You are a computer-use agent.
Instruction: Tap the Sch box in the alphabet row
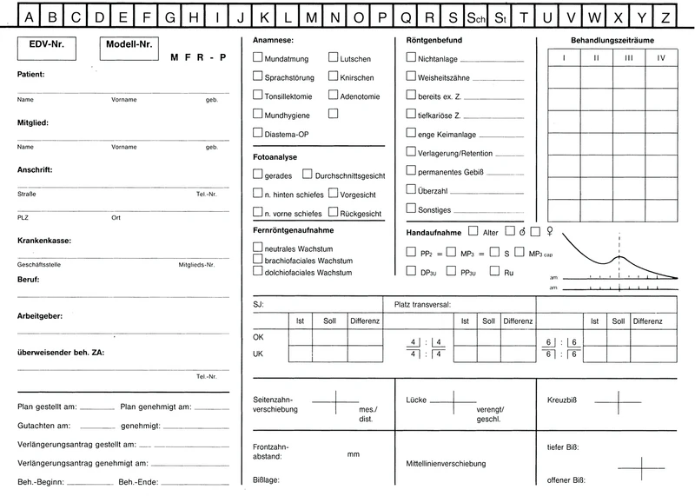[x=474, y=17]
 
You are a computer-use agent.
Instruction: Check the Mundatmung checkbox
[x=257, y=57]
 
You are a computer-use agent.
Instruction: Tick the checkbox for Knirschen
[x=334, y=76]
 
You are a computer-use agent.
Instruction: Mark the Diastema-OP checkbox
[x=257, y=133]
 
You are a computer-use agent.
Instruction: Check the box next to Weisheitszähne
[x=412, y=76]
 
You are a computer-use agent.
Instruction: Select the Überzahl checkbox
[x=412, y=189]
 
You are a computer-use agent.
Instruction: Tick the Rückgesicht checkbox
[x=334, y=211]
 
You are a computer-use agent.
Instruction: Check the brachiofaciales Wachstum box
[x=257, y=260]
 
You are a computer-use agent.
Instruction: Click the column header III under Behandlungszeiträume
[x=628, y=57]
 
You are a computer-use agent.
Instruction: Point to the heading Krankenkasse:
[x=45, y=240]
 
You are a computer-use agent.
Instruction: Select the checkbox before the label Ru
[x=497, y=272]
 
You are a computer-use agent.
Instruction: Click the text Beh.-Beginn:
[x=39, y=482]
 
